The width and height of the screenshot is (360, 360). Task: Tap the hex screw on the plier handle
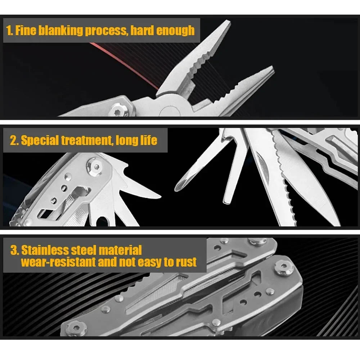click(x=118, y=110)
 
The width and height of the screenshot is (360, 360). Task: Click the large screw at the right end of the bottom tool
click(x=284, y=268)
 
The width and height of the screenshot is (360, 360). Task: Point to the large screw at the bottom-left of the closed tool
click(x=76, y=328)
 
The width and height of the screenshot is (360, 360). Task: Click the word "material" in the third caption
click(x=120, y=250)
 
